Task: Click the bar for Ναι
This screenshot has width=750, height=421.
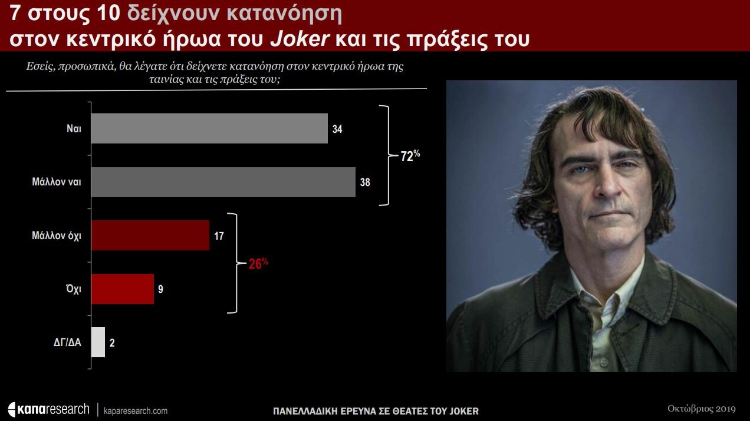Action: click(x=209, y=128)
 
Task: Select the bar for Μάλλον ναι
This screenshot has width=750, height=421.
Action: click(x=223, y=182)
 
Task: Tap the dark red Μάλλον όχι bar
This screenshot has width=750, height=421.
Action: click(x=150, y=236)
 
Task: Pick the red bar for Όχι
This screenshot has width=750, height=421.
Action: click(x=123, y=289)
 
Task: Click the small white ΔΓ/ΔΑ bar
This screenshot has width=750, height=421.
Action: click(x=98, y=342)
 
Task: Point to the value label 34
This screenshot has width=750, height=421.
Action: click(x=337, y=129)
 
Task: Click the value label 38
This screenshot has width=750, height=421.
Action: click(x=365, y=182)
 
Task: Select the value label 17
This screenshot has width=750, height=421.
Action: click(x=219, y=236)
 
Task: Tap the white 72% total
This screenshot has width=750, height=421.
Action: click(x=410, y=155)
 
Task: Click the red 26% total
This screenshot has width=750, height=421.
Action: click(x=258, y=263)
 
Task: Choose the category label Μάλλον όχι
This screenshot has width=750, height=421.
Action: click(x=57, y=236)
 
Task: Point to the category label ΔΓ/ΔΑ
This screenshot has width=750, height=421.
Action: click(x=67, y=342)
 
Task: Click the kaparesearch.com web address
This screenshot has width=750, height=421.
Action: click(x=136, y=411)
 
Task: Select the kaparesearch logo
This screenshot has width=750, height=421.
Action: click(x=49, y=409)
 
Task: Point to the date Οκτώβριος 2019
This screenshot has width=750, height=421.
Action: click(x=702, y=409)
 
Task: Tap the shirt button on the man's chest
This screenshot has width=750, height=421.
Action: click(x=604, y=363)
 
